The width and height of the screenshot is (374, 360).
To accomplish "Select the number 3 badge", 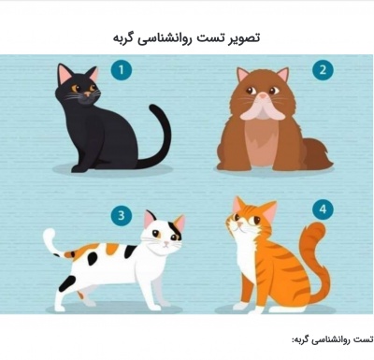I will tap(121, 215).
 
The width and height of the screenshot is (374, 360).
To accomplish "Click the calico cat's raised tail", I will tap(52, 242).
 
